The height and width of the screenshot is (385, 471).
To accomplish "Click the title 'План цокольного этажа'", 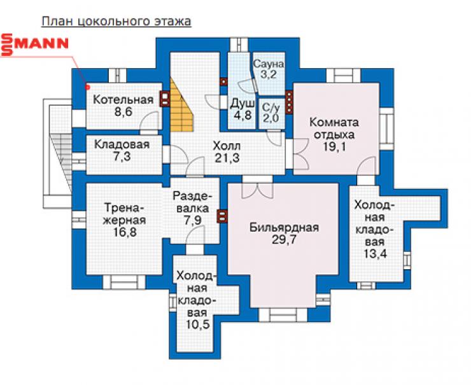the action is point(116,22).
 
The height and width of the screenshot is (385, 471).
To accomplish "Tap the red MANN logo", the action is point(35,45).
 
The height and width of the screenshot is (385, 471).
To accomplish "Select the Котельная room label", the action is point(123,99).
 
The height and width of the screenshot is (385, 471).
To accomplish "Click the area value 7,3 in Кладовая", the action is point(122,157).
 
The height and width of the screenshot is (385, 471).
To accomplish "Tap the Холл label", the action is point(227,146).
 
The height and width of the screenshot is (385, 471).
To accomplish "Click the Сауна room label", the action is point(268,64).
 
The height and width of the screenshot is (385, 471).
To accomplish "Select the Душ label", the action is point(242,104).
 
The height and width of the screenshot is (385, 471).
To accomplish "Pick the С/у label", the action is point(271,107).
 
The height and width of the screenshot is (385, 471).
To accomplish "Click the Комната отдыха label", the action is point(334,129).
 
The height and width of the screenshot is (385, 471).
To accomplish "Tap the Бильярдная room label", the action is point(284,228).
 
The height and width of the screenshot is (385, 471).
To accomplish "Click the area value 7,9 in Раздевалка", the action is point(193,220).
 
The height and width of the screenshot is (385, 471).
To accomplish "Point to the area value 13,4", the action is point(375,254).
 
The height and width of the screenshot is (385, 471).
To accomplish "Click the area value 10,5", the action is point(197,325).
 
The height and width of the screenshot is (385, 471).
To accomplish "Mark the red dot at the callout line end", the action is point(88,87).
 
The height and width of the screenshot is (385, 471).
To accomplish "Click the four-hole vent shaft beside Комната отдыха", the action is point(289,102).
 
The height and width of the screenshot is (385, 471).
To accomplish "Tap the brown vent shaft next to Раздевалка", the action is point(222,216).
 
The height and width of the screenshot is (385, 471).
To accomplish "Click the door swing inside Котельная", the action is point(150,121).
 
